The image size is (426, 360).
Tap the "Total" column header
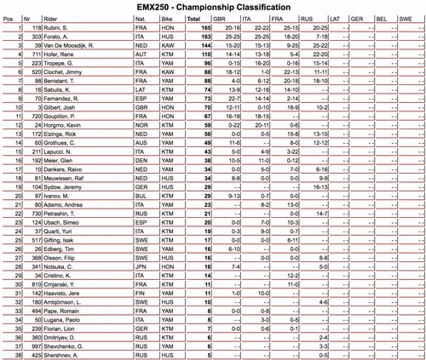point(193,16)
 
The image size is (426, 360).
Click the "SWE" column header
point(413,16)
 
